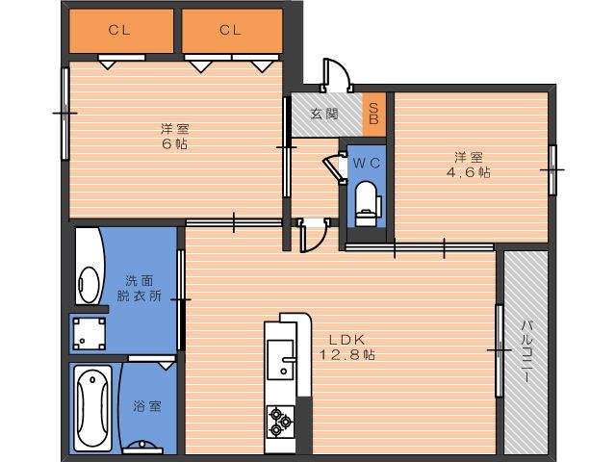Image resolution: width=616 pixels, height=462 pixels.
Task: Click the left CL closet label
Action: (x=119, y=30)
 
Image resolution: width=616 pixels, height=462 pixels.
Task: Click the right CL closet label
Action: (x=230, y=30)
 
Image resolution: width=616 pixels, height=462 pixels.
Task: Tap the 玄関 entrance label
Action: (x=324, y=114)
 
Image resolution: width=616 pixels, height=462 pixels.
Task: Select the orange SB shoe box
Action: (x=373, y=115)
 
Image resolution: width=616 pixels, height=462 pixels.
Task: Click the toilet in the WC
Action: (x=368, y=203)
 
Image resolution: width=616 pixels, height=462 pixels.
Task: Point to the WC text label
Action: (x=367, y=163)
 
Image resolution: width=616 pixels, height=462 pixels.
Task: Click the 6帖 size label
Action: (x=175, y=143)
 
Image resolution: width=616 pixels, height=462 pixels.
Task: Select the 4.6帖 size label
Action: (x=469, y=172)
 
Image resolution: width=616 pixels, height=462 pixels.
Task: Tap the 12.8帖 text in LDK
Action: (x=346, y=355)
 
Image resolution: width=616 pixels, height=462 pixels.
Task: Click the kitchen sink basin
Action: (x=280, y=359)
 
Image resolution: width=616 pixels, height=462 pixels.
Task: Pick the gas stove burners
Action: (x=280, y=422)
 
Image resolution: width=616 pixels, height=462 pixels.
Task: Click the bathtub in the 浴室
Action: (x=92, y=408)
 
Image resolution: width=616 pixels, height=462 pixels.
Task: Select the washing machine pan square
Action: (x=90, y=334)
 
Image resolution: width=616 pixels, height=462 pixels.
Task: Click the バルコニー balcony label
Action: (x=526, y=351)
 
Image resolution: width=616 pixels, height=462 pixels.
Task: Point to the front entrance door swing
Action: (x=336, y=75)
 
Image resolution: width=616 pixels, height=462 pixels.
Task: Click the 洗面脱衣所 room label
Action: (x=140, y=288)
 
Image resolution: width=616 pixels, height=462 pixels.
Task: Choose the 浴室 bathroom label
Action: (x=147, y=406)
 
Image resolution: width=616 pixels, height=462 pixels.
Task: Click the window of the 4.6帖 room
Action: (x=552, y=169)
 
